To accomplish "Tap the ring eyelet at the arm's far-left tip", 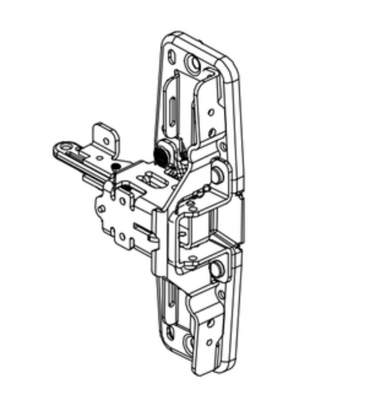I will click(64, 146).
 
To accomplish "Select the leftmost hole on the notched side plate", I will click(101, 208).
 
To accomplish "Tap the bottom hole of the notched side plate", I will click(123, 236).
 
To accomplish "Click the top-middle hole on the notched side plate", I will click(123, 200).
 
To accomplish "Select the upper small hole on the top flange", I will click(211, 113).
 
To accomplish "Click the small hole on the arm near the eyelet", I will click(99, 158).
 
